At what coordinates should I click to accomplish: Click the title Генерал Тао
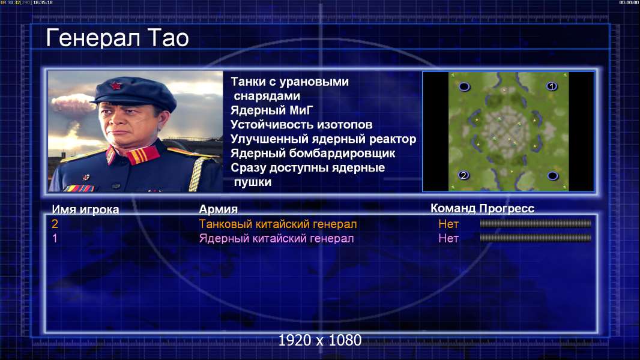point(118,38)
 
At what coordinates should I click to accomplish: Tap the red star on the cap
point(115,85)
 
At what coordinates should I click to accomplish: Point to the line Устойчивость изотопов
point(301,124)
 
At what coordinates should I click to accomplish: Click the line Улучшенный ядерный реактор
point(323,139)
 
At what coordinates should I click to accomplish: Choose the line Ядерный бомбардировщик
point(313,153)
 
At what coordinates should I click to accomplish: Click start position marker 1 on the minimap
point(551,86)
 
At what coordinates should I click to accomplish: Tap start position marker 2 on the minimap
point(463,175)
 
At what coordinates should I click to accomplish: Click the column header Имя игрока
point(85,209)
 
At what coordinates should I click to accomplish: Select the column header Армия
point(218,209)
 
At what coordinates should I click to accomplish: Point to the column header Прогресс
point(507,208)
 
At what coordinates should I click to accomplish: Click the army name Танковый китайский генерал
point(277,224)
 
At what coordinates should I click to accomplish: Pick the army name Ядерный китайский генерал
point(276,239)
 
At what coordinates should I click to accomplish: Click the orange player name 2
point(55,224)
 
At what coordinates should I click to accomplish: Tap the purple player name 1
point(55,239)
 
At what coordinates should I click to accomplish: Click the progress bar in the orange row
point(536,223)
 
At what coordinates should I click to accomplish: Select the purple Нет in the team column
point(448,239)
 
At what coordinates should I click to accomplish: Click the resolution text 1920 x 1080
point(319,340)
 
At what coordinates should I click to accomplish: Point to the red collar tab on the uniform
point(142,155)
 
